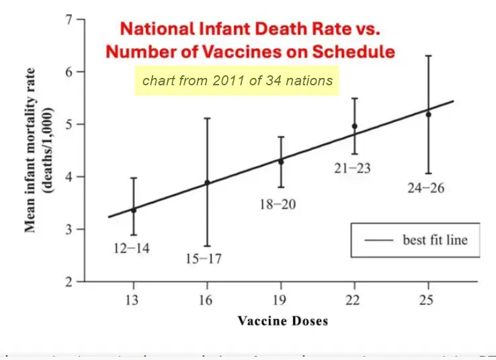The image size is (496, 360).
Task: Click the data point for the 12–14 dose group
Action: click(134, 210)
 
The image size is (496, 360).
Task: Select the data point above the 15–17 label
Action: click(207, 182)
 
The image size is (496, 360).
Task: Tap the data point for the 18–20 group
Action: click(281, 162)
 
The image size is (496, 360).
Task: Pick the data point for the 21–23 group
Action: click(354, 126)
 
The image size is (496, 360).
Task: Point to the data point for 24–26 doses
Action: click(428, 114)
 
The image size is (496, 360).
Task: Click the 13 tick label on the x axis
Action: click(134, 300)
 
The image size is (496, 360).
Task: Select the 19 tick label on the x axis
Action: click(281, 300)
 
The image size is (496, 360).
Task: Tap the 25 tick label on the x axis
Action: click(428, 300)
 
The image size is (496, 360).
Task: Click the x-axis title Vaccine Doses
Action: click(283, 321)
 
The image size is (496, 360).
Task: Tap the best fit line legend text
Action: click(435, 240)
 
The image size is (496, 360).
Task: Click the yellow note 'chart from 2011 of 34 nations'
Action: click(237, 81)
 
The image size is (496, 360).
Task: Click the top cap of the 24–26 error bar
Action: click(428, 55)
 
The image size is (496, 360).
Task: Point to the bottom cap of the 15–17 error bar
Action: click(207, 246)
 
